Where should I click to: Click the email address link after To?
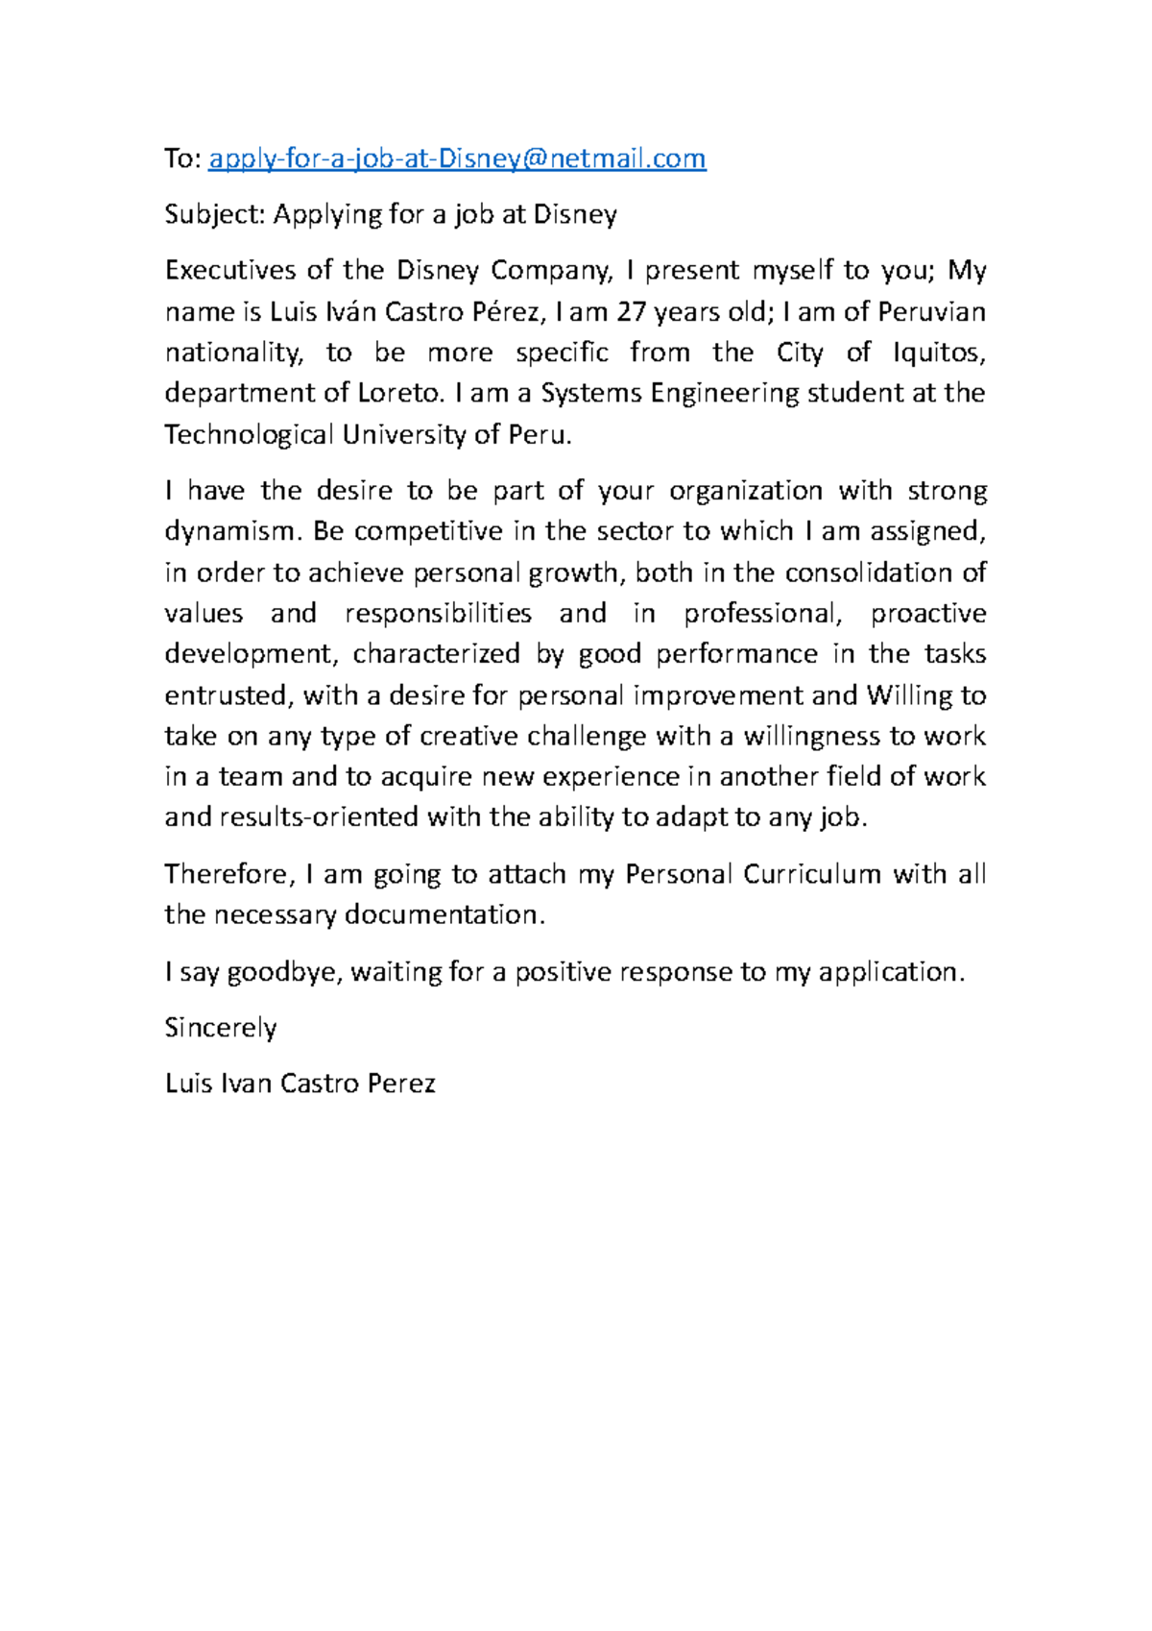(457, 158)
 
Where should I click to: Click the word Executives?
(230, 271)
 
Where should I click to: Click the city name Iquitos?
(938, 353)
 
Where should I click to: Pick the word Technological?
(249, 435)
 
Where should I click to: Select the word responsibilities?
(438, 613)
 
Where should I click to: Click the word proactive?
(928, 613)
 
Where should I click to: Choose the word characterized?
(436, 654)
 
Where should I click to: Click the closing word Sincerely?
(221, 1028)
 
